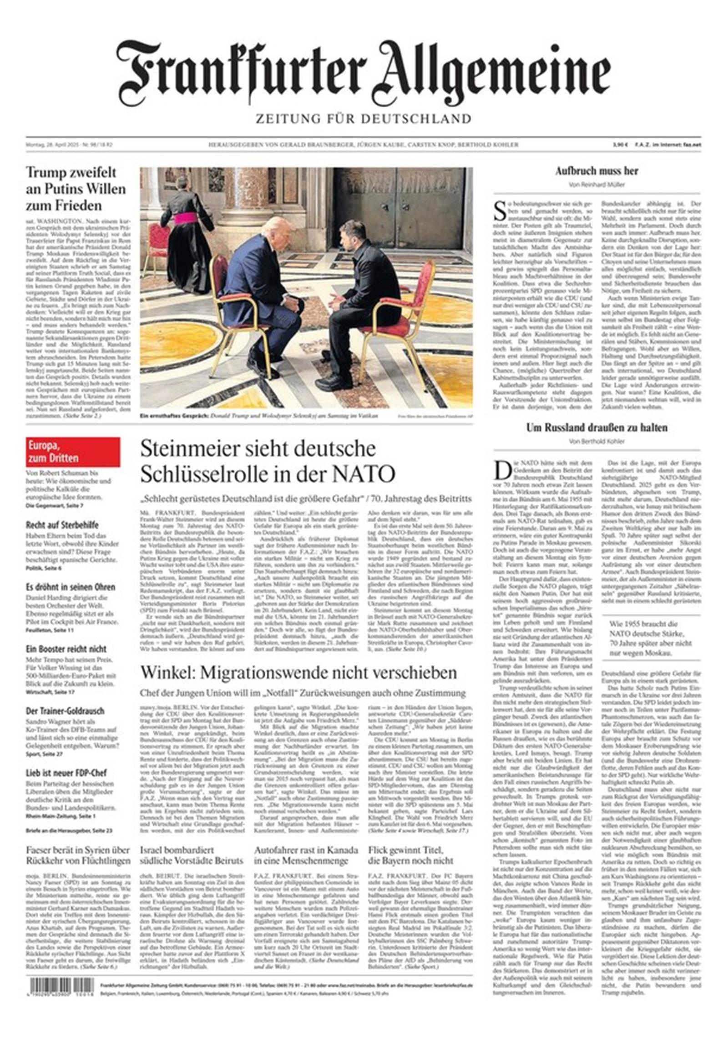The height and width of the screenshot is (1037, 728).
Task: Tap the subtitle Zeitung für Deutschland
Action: [x=363, y=119]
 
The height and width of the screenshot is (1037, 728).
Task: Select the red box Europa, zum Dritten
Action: [x=73, y=451]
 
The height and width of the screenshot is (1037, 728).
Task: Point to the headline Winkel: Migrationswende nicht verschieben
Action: [x=298, y=672]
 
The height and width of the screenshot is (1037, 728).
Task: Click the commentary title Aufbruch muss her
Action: [x=596, y=171]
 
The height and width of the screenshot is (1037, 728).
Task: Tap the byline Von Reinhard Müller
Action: [x=596, y=185]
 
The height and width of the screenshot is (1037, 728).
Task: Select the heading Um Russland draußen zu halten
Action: [x=597, y=428]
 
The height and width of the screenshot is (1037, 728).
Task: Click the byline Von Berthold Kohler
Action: [x=597, y=441]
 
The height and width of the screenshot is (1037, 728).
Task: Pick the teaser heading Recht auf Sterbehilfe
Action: [x=62, y=525]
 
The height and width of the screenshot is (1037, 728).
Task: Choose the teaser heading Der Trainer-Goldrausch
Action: [x=65, y=711]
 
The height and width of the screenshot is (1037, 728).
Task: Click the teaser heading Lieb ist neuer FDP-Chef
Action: [x=66, y=773]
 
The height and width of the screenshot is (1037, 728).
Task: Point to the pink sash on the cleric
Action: [x=186, y=218]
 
